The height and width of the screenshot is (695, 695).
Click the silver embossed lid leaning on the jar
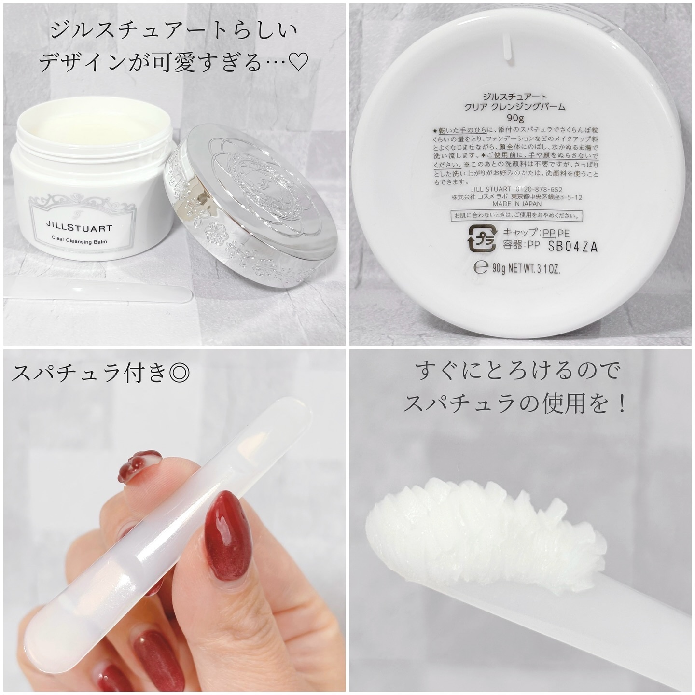coord(251,212)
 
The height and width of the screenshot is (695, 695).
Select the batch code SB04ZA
coord(573,247)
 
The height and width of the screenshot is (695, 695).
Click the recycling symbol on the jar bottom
coord(482,238)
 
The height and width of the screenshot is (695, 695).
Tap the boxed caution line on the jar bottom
coord(515,216)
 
